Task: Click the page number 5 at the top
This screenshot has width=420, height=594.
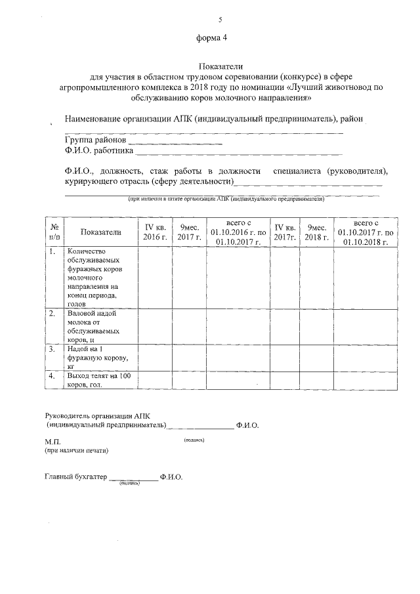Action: pos(211,20)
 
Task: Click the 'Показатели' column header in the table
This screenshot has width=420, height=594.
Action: pos(101,232)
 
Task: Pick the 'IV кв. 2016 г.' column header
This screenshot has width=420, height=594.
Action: pos(155,232)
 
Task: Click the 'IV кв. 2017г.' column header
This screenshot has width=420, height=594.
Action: pos(283,232)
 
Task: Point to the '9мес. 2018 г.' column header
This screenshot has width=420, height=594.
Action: pos(316,232)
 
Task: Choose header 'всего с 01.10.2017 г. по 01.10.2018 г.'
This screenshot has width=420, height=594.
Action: pos(366,232)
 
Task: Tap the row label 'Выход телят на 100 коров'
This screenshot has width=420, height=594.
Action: pos(99,380)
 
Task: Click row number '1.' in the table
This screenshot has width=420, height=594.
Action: pos(52,251)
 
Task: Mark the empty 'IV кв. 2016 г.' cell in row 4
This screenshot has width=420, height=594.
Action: pos(155,380)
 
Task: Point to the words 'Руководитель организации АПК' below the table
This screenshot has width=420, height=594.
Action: pos(97,415)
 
